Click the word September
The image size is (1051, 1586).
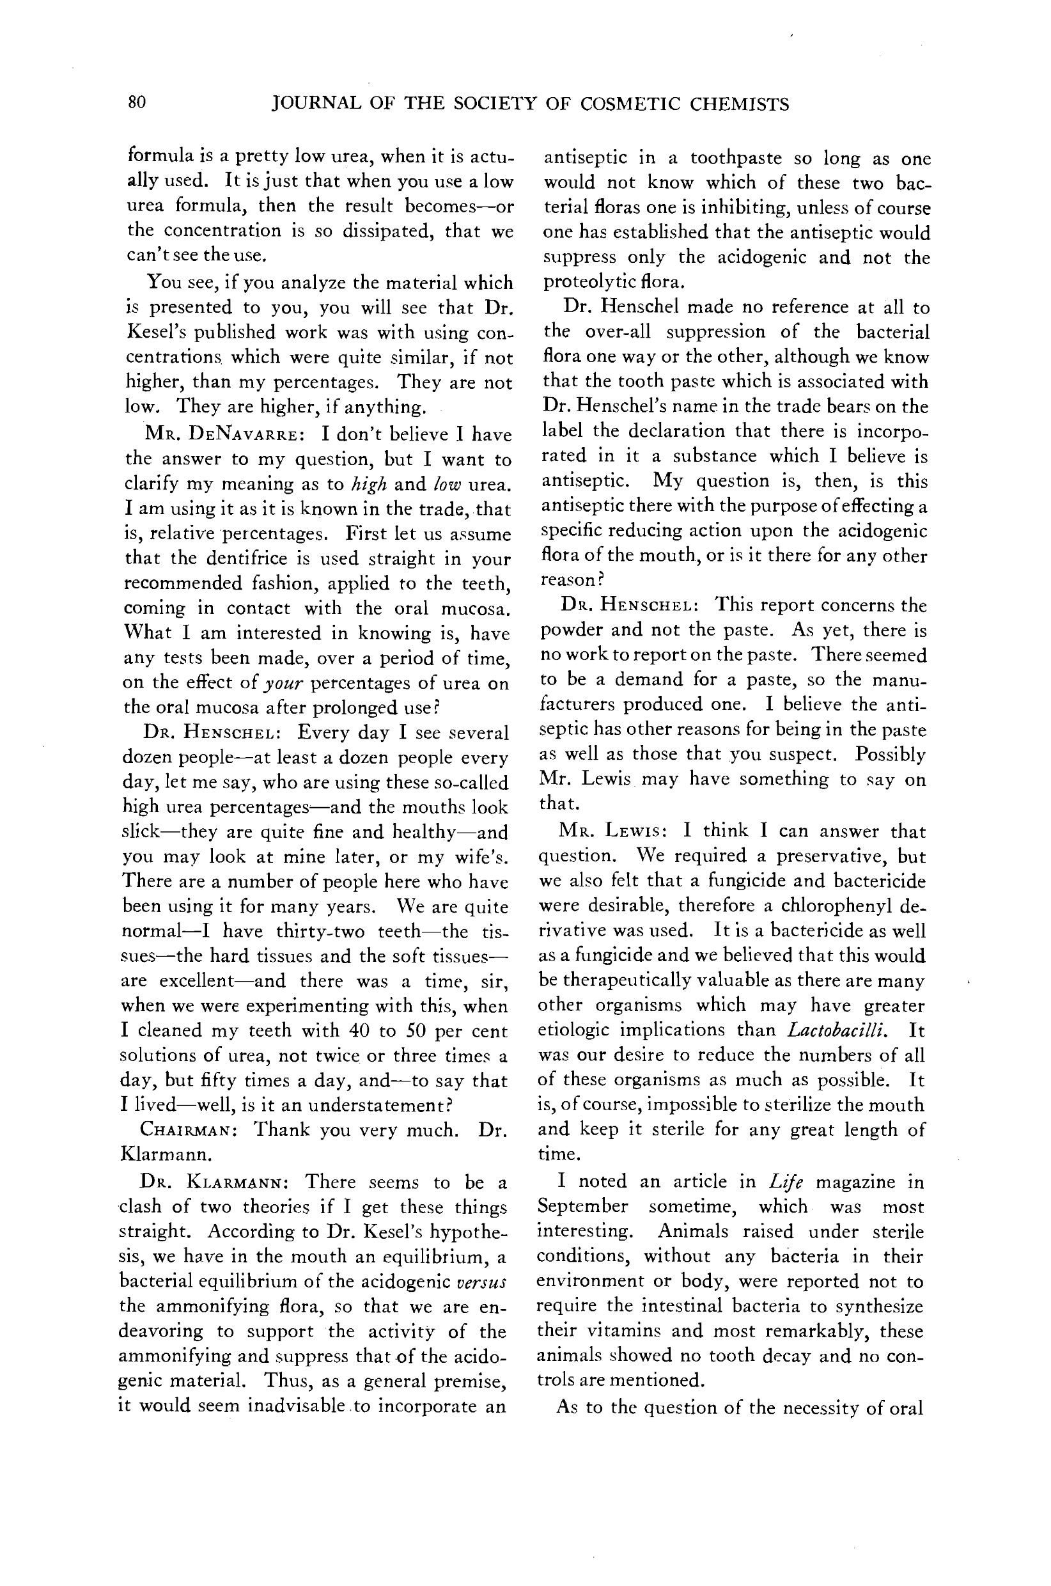(582, 1207)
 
